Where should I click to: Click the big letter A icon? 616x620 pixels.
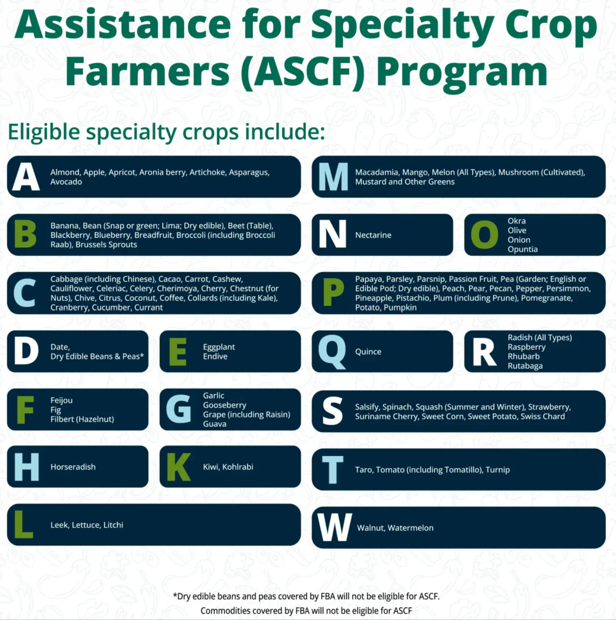click(26, 177)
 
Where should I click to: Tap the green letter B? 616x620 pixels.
click(25, 235)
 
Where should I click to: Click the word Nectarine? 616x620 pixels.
click(373, 235)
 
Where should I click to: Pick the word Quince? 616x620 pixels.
click(368, 352)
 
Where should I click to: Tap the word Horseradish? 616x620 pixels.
click(73, 467)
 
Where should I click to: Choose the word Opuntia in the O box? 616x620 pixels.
click(522, 249)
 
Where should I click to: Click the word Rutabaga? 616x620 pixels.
click(525, 366)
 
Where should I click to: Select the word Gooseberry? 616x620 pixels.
click(225, 405)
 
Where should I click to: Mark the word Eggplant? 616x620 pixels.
click(219, 347)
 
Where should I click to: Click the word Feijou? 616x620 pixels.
click(61, 400)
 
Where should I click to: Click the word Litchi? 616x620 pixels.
click(113, 525)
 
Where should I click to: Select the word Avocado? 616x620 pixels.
click(66, 182)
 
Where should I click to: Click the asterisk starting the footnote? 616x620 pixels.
click(175, 595)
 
